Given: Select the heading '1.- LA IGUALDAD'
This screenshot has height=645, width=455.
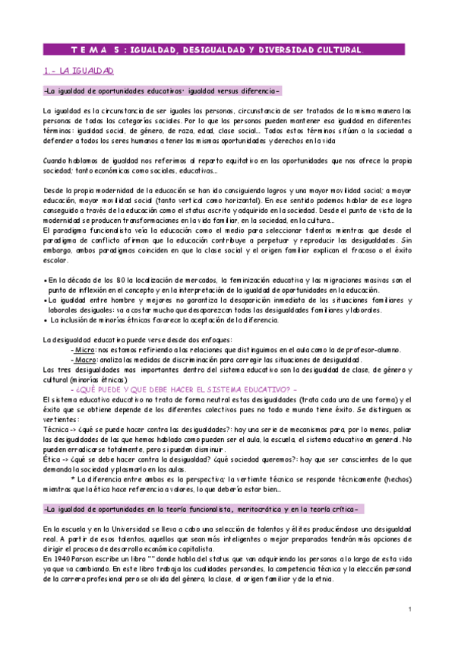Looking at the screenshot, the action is pos(77,71).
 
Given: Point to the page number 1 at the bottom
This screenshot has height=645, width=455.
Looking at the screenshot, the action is pos(409,608).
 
